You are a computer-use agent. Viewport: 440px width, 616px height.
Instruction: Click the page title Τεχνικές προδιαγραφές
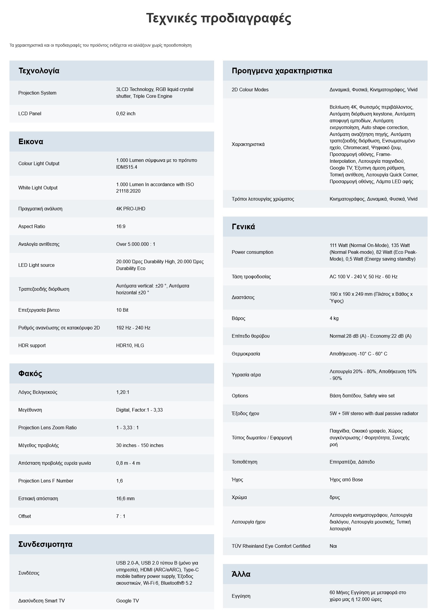tap(219, 18)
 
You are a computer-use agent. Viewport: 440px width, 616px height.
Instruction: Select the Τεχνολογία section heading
tap(39, 71)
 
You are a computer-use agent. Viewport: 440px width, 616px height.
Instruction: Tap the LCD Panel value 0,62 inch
tap(126, 114)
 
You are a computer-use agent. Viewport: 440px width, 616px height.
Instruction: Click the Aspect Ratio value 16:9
tap(120, 227)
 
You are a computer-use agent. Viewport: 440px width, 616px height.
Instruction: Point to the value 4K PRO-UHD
tap(131, 209)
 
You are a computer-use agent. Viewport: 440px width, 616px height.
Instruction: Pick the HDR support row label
tap(32, 346)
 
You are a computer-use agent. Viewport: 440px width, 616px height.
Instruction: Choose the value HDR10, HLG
tap(130, 346)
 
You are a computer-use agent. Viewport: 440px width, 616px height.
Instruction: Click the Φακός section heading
tap(30, 374)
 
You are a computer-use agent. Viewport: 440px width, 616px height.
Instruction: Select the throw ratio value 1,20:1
tap(123, 392)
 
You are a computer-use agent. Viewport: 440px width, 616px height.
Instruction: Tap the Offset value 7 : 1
tap(120, 516)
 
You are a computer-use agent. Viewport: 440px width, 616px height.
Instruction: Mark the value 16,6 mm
tap(125, 499)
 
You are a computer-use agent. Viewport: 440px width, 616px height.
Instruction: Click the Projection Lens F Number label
tap(46, 481)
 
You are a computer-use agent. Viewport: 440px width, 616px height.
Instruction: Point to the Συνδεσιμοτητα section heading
tap(45, 545)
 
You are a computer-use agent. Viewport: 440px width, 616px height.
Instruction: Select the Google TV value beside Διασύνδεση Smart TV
tap(127, 601)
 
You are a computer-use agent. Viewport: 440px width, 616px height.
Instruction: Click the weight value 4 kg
tap(334, 318)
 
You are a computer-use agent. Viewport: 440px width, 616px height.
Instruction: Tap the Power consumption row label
tap(252, 252)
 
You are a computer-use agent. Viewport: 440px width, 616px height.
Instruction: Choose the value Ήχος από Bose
tap(346, 480)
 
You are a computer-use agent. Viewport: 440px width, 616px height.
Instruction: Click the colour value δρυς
tap(335, 498)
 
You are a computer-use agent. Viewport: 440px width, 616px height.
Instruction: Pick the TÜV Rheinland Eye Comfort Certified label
tap(271, 546)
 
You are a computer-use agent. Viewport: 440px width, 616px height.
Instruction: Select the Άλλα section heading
tap(241, 574)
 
